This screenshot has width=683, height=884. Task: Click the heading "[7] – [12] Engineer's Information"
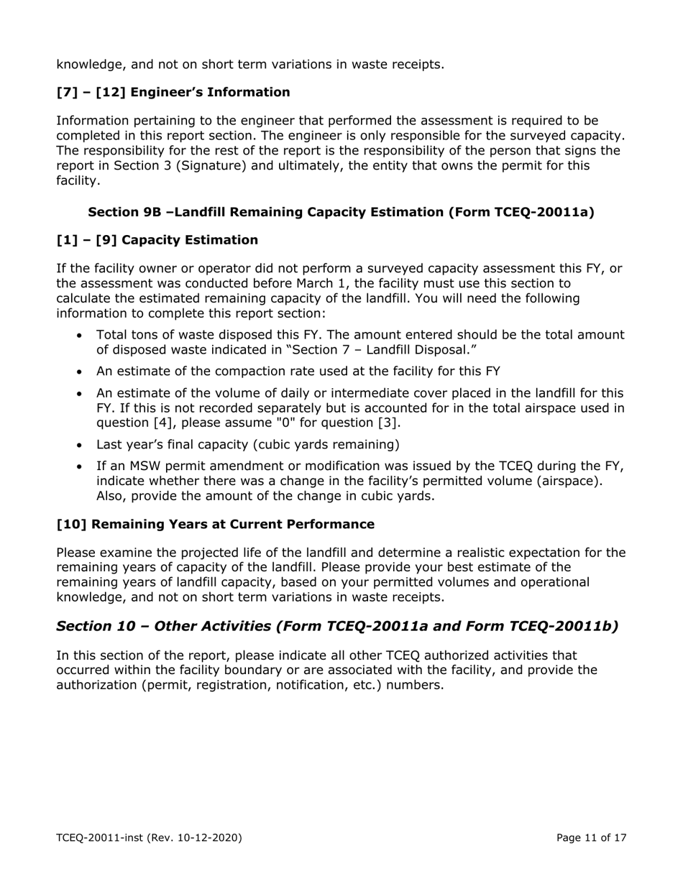pos(173,92)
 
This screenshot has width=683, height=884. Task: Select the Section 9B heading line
pos(341,212)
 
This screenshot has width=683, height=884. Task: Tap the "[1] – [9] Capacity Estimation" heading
pos(157,240)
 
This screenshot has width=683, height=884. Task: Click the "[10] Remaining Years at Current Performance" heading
pos(215,524)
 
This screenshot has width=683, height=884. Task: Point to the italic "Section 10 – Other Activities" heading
pos(337,626)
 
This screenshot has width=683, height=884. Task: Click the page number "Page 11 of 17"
pos(593,837)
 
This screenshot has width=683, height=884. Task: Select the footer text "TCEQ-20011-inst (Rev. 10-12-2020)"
pos(149,837)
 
